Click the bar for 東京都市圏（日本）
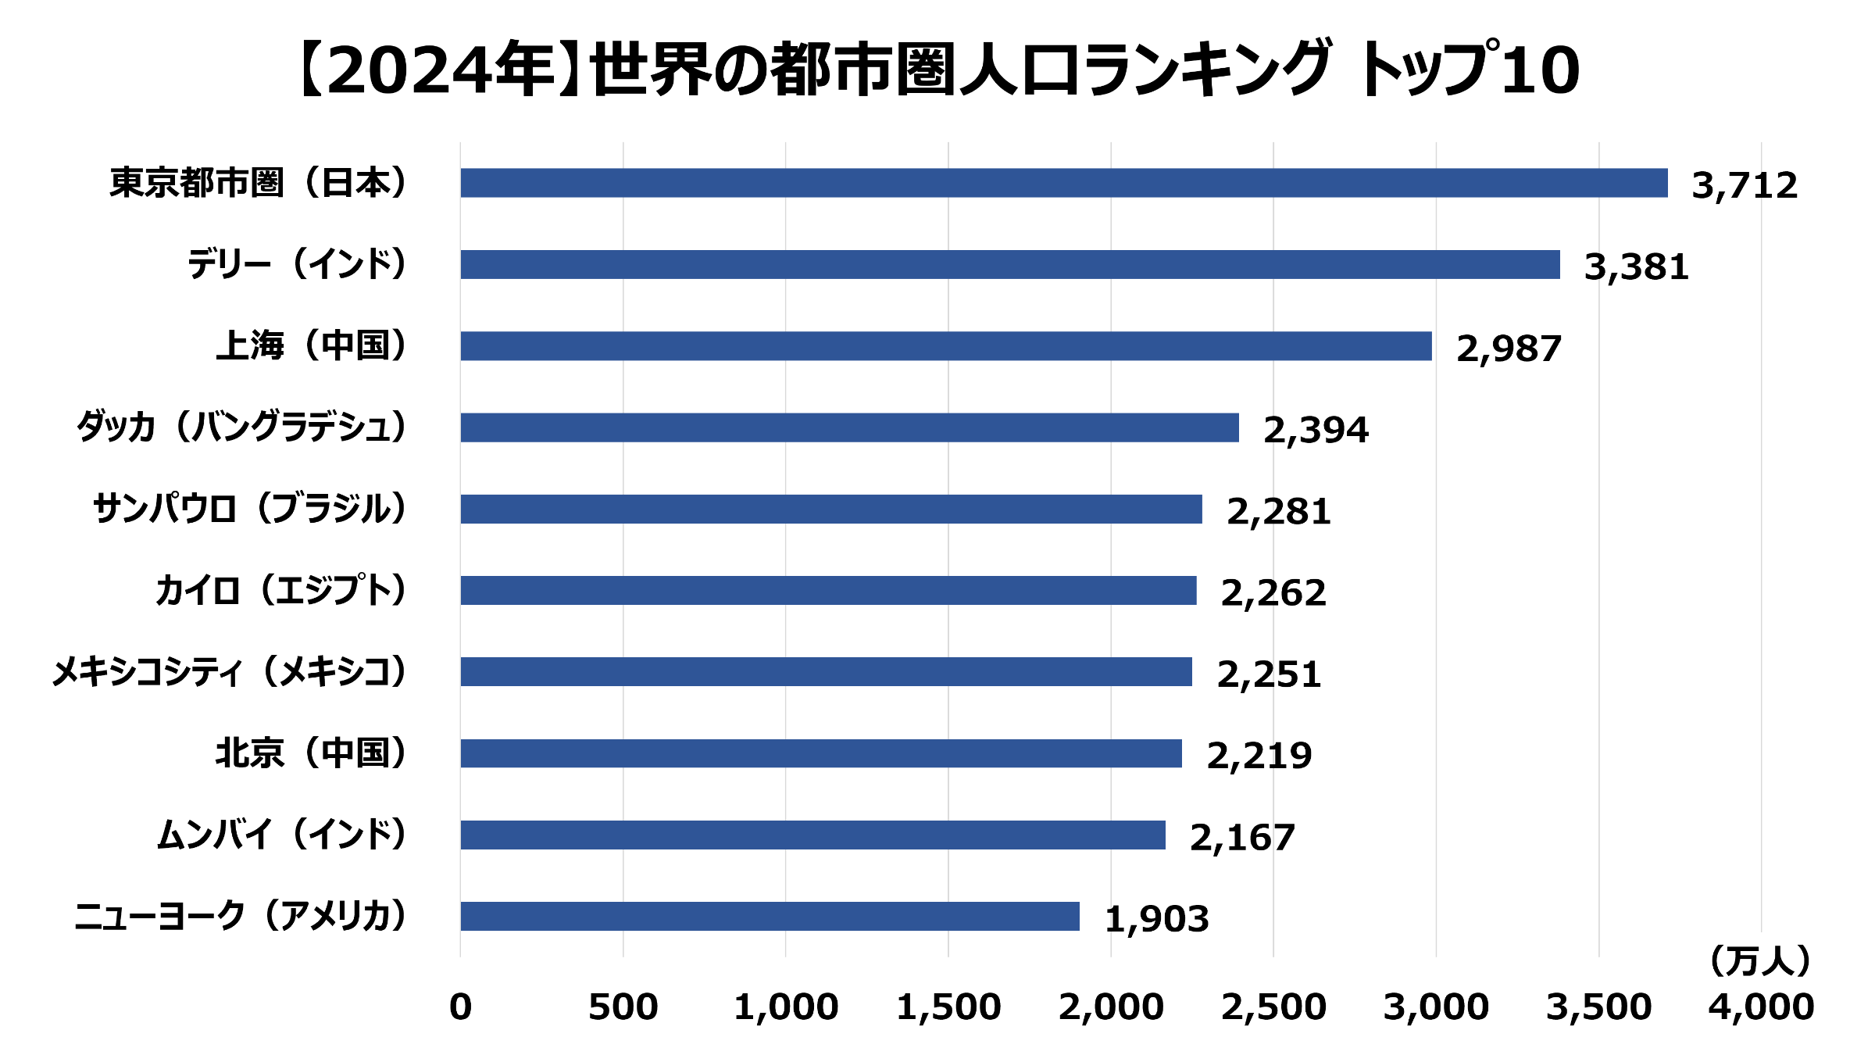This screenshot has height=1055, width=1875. (x=1063, y=183)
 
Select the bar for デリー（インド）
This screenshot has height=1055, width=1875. (x=1009, y=264)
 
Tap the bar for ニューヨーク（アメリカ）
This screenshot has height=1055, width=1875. (x=770, y=916)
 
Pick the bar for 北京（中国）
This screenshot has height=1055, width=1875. (x=820, y=753)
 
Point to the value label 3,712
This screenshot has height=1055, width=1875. (x=1744, y=186)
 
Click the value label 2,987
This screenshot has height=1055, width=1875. (x=1509, y=349)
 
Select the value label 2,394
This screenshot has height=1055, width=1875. (x=1316, y=430)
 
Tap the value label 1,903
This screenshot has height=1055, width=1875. (x=1156, y=919)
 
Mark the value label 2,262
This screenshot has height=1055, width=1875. (x=1273, y=593)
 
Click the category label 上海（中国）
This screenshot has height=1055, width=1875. (x=312, y=345)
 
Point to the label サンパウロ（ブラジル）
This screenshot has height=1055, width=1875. (x=250, y=509)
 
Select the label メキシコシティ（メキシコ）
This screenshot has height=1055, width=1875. (x=230, y=671)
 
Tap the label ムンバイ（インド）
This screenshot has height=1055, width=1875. (x=282, y=835)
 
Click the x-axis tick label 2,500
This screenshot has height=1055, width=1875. (x=1273, y=1007)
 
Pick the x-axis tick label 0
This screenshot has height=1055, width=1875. (x=460, y=1007)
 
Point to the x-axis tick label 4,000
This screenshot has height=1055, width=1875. (x=1761, y=1007)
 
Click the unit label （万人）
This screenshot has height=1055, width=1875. (x=1759, y=960)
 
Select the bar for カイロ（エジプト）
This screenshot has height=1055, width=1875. (x=828, y=590)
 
